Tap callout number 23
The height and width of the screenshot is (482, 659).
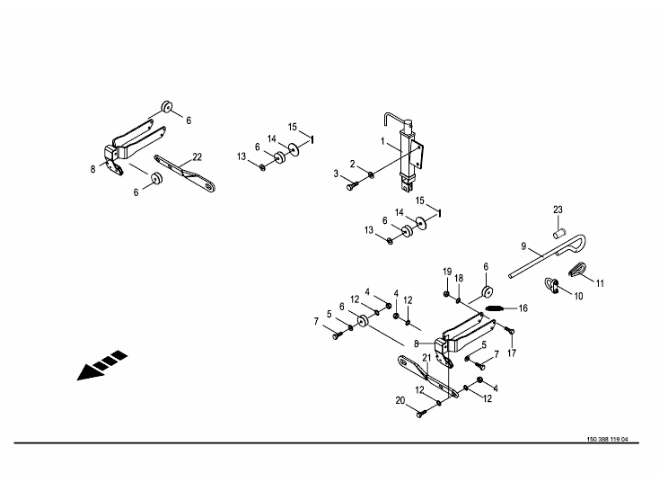pos(558,210)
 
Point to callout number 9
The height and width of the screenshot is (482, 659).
pos(523,245)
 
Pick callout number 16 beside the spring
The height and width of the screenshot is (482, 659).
pos(523,308)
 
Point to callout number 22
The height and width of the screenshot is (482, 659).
pos(197,157)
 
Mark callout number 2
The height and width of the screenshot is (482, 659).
pos(353,164)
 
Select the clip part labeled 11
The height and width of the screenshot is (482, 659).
pos(577,267)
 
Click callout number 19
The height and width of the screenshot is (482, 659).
pos(447,271)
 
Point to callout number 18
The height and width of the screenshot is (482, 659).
pos(459,279)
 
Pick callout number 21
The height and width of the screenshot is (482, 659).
pos(426,359)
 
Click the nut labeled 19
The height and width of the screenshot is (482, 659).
pos(447,292)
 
